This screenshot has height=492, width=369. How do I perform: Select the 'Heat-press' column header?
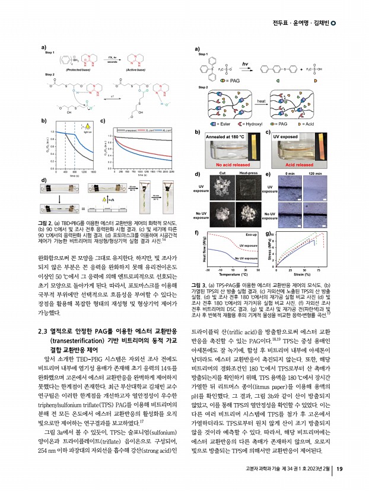(x=247, y=173)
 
